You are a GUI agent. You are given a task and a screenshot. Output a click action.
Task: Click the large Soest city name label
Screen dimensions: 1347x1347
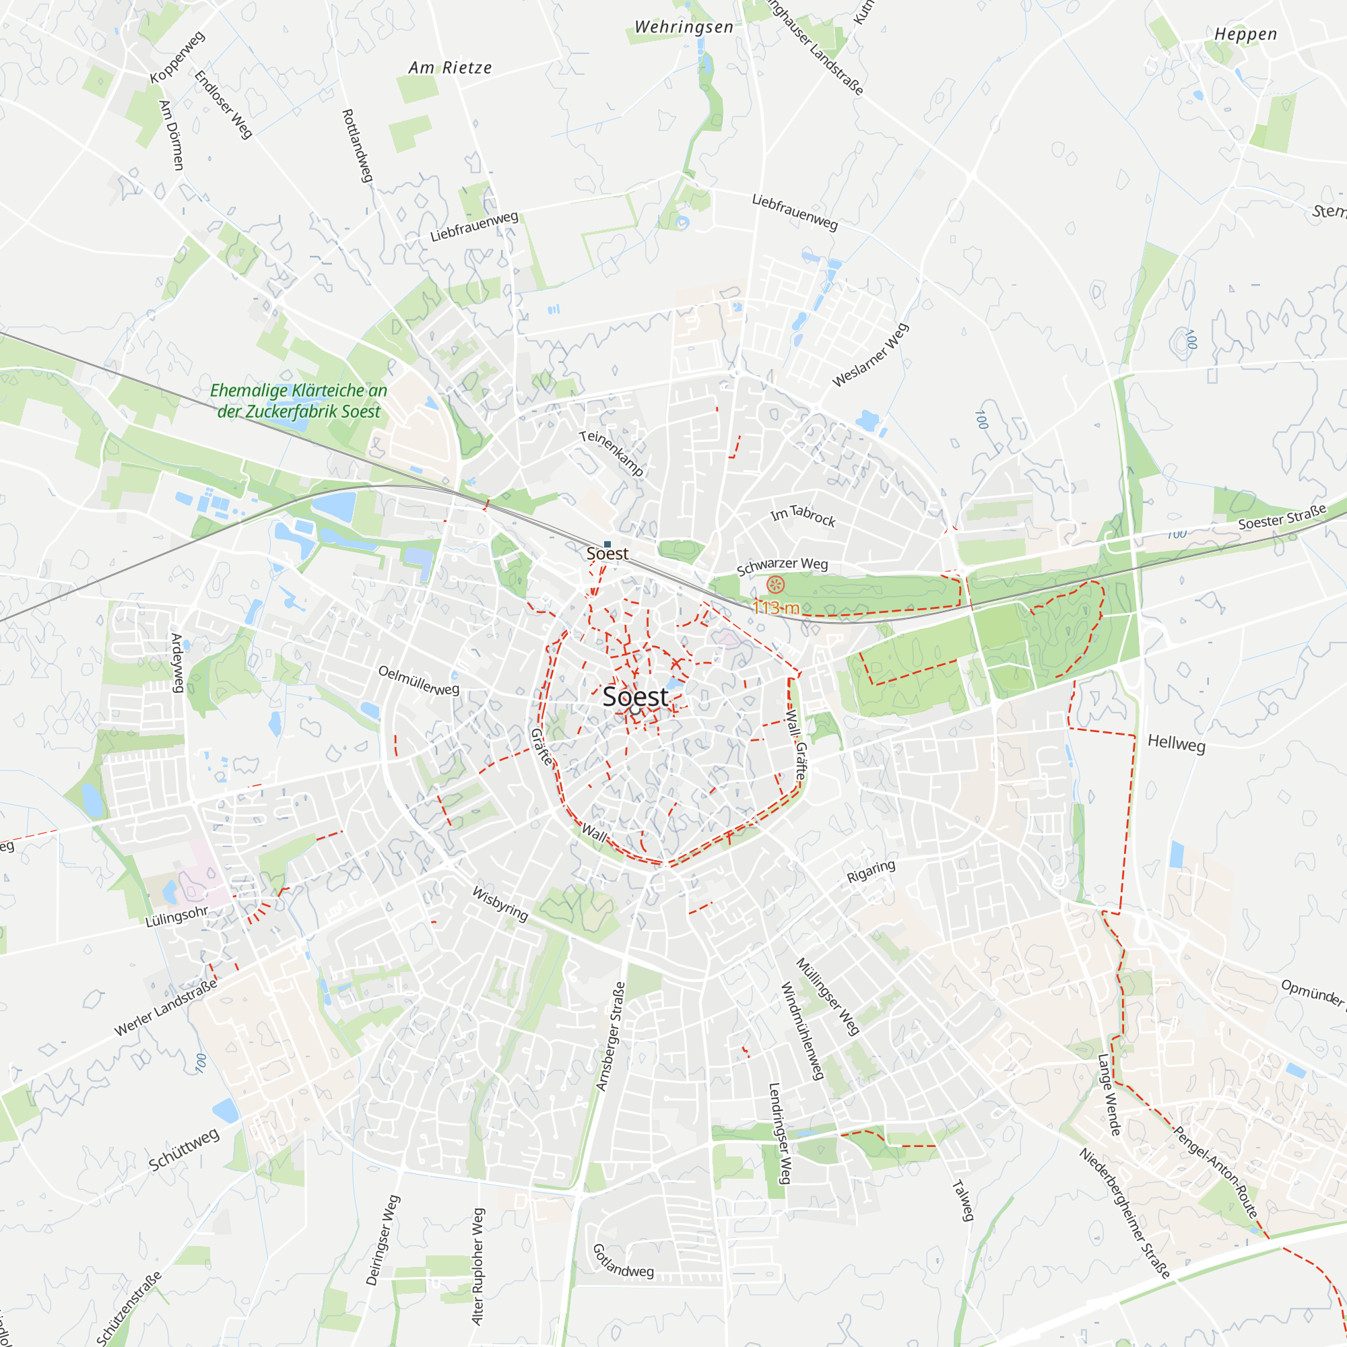coord(635,696)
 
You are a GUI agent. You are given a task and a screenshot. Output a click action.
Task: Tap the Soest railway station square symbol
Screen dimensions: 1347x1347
coord(607,544)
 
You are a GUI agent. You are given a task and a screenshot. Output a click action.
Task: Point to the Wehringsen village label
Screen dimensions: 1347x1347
coord(684,27)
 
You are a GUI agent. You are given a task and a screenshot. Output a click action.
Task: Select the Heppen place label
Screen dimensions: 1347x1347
coord(1245,34)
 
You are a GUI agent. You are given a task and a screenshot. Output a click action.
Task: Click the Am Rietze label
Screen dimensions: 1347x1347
coord(450,67)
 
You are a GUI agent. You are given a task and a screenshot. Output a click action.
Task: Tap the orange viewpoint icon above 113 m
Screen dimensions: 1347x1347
coord(775,584)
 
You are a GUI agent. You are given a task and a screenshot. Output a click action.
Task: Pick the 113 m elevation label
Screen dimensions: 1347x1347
coord(775,608)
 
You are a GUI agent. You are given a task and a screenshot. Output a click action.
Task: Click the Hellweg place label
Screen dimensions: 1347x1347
coord(1176,744)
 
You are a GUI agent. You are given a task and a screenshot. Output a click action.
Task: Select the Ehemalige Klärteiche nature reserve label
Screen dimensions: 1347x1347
coord(298,401)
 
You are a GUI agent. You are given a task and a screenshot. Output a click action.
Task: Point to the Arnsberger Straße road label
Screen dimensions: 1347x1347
coord(610,1036)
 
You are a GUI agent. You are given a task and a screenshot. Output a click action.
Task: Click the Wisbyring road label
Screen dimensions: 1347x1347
coord(500,903)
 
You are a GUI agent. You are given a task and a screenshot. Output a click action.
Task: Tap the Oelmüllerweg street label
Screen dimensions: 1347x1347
coord(418,680)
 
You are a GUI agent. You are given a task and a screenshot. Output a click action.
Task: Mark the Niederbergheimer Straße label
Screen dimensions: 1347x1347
coord(1124,1213)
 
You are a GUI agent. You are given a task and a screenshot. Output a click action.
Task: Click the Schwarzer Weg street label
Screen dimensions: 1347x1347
coord(782,566)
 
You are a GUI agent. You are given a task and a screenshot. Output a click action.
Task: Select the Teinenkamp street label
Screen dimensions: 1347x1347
coord(611,453)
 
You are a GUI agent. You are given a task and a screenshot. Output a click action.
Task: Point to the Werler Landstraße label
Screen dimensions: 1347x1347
coord(165,1008)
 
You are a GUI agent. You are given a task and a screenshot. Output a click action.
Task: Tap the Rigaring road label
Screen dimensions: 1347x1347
coord(871,872)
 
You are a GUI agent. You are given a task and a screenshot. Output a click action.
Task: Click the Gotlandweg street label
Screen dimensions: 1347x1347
coord(622,1261)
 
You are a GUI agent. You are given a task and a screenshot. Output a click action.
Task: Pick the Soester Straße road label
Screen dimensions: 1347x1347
coord(1282,517)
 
